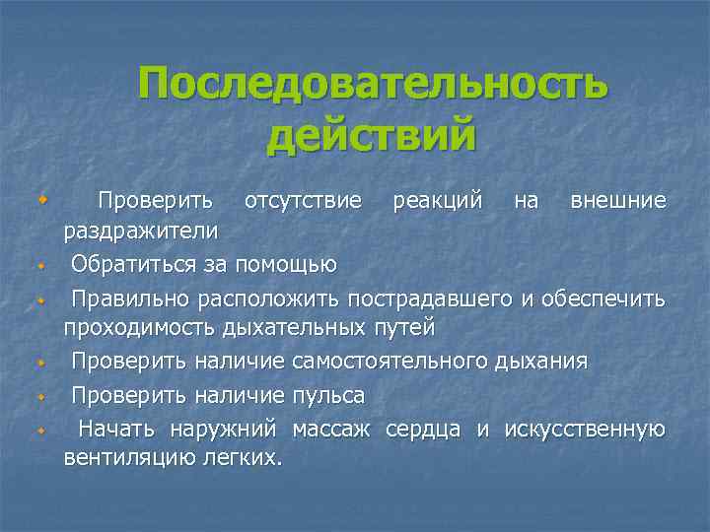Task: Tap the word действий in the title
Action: [371, 135]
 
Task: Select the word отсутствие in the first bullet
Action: [303, 201]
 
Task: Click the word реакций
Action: [438, 201]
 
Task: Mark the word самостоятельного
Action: [390, 362]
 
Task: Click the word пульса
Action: [328, 395]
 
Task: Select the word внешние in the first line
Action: [618, 201]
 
